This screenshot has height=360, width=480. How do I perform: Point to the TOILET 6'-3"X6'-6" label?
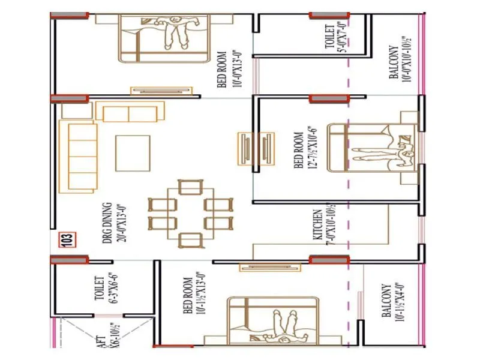tap(103, 289)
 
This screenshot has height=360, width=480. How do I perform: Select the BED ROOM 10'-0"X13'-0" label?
tap(226, 69)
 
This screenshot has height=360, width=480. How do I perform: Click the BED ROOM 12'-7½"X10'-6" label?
tap(303, 149)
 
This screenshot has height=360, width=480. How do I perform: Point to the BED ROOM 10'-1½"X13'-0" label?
tap(191, 296)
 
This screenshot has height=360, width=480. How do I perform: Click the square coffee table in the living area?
tap(133, 153)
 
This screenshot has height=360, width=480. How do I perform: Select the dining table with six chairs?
tap(189, 213)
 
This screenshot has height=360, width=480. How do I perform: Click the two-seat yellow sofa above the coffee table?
tap(130, 112)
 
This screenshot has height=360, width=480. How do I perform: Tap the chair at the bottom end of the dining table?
tap(190, 239)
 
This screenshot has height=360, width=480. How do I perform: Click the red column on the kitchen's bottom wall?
tap(329, 260)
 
